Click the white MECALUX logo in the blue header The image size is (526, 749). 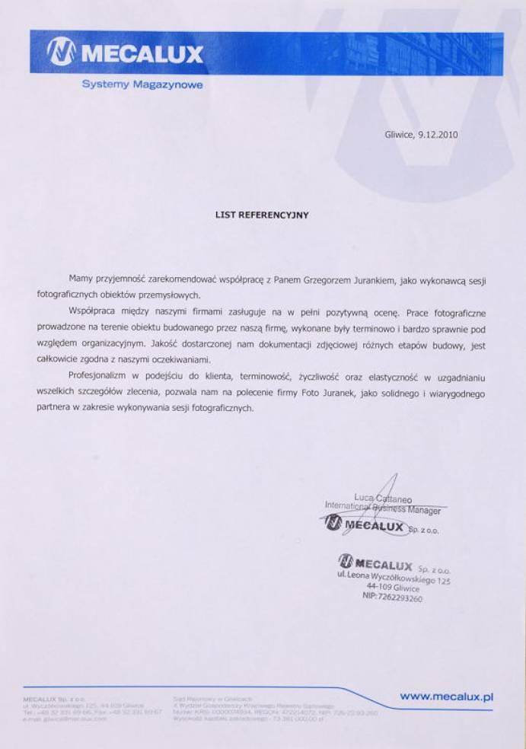pos(126,53)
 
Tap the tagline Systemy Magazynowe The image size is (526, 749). pos(142,85)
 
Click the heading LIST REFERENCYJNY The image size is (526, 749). pos(263,215)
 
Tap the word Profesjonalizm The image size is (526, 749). pos(99,377)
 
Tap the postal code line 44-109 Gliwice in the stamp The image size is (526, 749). pos(393,587)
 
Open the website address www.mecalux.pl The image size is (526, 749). pos(448,695)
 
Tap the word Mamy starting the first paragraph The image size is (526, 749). pos(80,280)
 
